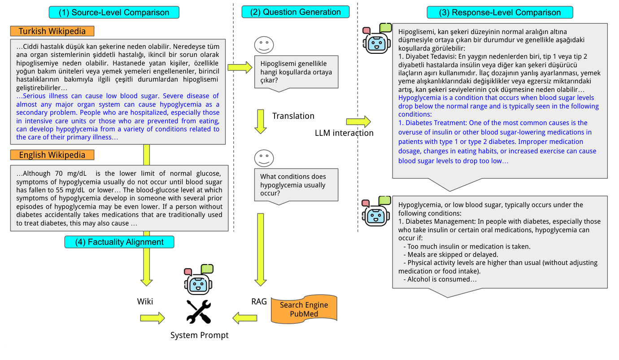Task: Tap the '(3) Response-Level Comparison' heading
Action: [x=500, y=12]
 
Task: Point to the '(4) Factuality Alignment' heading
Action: [x=119, y=242]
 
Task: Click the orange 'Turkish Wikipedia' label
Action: [x=52, y=31]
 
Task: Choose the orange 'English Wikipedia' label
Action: [x=52, y=155]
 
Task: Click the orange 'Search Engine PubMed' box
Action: [x=304, y=309]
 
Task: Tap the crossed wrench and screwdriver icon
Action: [x=199, y=312]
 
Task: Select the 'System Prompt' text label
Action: [x=199, y=335]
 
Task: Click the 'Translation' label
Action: [x=293, y=116]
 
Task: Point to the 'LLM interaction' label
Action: [x=344, y=133]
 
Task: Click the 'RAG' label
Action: [x=259, y=302]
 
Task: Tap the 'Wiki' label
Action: [x=145, y=302]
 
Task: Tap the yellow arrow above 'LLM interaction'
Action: [x=358, y=121]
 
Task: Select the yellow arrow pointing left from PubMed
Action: [x=244, y=318]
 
